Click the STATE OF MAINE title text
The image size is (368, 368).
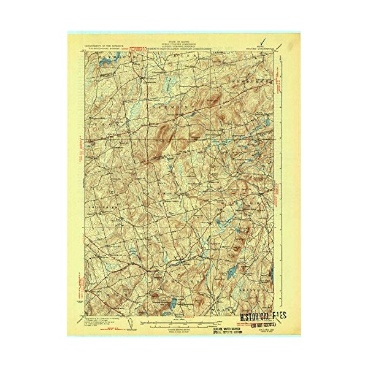point(184,37)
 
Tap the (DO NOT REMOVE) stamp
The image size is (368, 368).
point(265,326)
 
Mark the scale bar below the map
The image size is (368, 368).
point(184,323)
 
